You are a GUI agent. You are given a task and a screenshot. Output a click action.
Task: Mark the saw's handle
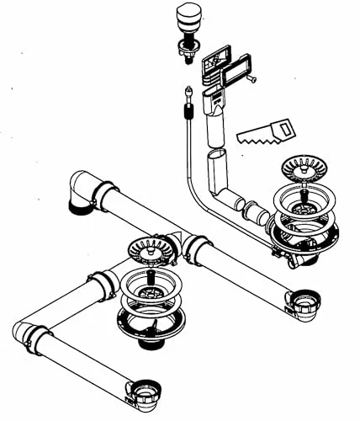[x=283, y=128]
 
